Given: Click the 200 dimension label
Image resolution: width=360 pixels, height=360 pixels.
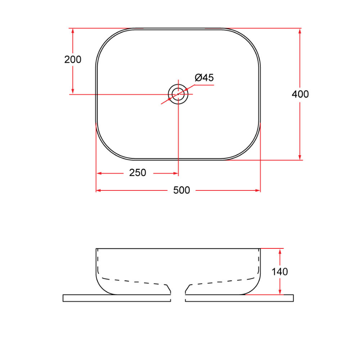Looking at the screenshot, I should point(73,60).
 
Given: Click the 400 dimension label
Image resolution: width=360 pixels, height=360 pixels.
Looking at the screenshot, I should point(300,94).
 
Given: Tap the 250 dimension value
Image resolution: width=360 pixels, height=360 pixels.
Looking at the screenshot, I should point(138,173).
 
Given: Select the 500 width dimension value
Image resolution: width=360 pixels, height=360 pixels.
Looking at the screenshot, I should point(182,190).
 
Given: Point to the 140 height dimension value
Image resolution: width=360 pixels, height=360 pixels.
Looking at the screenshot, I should point(280,272).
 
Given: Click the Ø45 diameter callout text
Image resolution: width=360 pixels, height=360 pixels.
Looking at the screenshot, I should point(204,78).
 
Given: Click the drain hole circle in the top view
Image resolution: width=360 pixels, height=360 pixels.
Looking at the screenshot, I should point(178,94).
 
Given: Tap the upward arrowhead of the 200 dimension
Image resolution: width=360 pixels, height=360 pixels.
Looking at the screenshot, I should point(73,32).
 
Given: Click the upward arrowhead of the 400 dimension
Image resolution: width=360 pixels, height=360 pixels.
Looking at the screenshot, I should point(300,32).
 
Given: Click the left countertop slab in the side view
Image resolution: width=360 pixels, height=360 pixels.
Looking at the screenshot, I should point(116,298).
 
